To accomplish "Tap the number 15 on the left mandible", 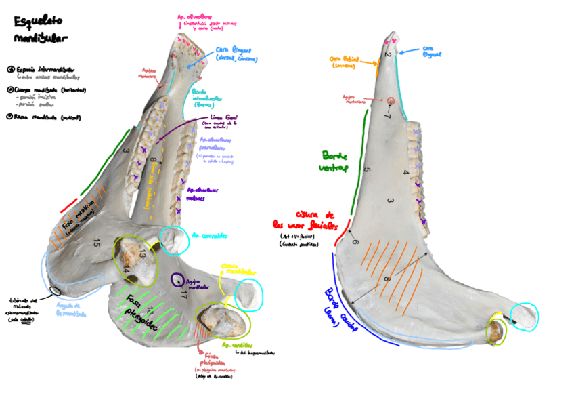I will [x=97, y=242].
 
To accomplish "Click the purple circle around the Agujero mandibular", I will [x=177, y=279].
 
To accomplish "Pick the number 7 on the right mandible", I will [x=388, y=117].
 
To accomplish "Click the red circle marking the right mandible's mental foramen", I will [x=391, y=102].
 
